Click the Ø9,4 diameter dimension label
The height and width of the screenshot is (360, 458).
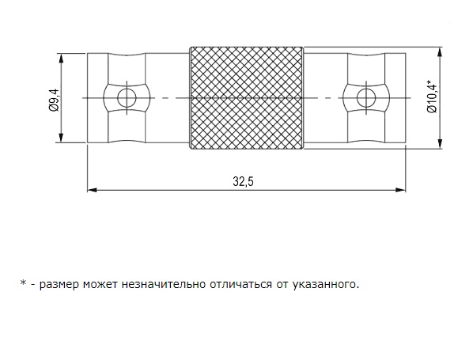click(55, 100)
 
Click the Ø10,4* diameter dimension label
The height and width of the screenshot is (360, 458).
click(433, 97)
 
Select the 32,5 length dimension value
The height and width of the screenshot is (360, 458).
click(244, 181)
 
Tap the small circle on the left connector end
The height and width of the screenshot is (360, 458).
click(127, 98)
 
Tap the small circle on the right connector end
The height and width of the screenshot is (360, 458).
click(366, 98)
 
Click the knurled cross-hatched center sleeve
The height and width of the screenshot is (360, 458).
click(247, 98)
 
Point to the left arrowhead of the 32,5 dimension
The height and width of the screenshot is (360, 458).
click(92, 190)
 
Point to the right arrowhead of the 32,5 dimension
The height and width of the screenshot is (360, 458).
click(401, 190)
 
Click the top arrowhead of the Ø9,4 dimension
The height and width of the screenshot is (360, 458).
click(61, 58)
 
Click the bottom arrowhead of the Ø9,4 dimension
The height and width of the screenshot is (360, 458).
click(61, 138)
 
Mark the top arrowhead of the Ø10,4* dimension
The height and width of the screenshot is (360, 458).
click(440, 51)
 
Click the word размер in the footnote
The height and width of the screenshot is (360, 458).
click(59, 284)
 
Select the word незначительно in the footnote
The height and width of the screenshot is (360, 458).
click(164, 284)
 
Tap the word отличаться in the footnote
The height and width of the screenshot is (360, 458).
click(241, 284)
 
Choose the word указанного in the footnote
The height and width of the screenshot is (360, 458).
click(324, 284)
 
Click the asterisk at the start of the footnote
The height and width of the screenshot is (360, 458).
click(23, 282)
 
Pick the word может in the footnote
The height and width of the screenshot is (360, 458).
click(100, 284)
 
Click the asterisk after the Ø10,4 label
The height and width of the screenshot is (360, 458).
click(429, 81)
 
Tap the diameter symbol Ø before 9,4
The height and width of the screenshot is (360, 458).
click(55, 108)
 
